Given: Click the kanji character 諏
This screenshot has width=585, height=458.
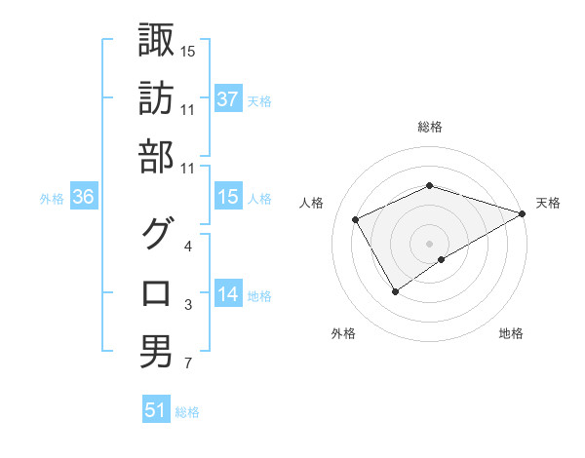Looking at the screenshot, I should [157, 41].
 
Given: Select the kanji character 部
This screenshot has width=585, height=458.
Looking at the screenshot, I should [157, 157].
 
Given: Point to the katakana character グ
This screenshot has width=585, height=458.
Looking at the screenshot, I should [157, 235].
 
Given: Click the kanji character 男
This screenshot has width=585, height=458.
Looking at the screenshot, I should [157, 351].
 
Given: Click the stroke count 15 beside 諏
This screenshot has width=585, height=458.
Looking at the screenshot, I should [187, 52].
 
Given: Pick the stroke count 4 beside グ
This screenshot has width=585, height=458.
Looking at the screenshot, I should [187, 247].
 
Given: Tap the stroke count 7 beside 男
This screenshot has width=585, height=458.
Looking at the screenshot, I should [187, 364].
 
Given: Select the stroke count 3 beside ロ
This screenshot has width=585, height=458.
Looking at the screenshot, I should [187, 306].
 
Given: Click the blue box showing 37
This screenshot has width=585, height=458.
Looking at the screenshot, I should [228, 99].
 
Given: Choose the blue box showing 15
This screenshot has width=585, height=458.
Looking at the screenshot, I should [228, 197].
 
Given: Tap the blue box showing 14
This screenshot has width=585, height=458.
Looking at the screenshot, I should [228, 294].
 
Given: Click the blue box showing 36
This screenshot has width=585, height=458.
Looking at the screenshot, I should [84, 197].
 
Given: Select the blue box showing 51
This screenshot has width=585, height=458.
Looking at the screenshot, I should [156, 410].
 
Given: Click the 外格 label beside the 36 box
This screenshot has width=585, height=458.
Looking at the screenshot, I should [52, 199].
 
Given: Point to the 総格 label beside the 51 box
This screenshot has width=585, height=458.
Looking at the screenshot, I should [187, 412].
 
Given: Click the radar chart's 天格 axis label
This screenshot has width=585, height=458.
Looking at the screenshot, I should [549, 203].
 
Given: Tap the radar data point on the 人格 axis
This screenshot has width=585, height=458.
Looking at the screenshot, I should [356, 220].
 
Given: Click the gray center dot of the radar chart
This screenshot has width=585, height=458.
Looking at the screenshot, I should [429, 242].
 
